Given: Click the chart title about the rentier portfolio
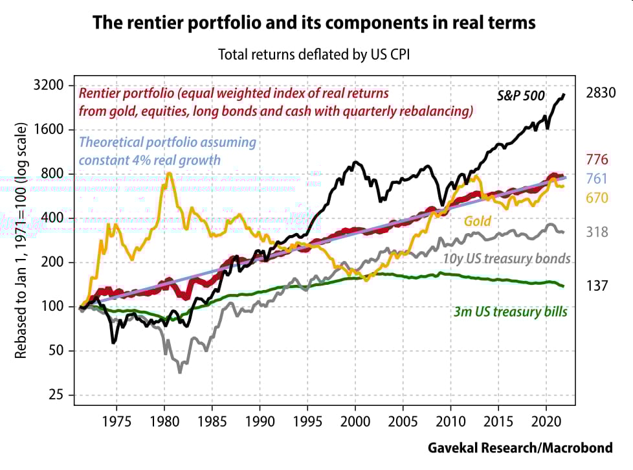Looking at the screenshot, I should point(314,23).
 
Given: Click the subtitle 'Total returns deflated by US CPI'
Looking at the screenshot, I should point(315,54).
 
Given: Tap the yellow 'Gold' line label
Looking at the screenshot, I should point(477,221).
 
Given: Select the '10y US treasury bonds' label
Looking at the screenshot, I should point(507,259).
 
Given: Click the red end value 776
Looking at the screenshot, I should point(597,159).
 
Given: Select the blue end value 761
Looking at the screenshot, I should point(597,179).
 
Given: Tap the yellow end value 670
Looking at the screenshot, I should point(597,198).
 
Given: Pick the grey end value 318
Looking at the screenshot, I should point(597,231).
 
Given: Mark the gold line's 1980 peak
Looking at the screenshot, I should point(169,173).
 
